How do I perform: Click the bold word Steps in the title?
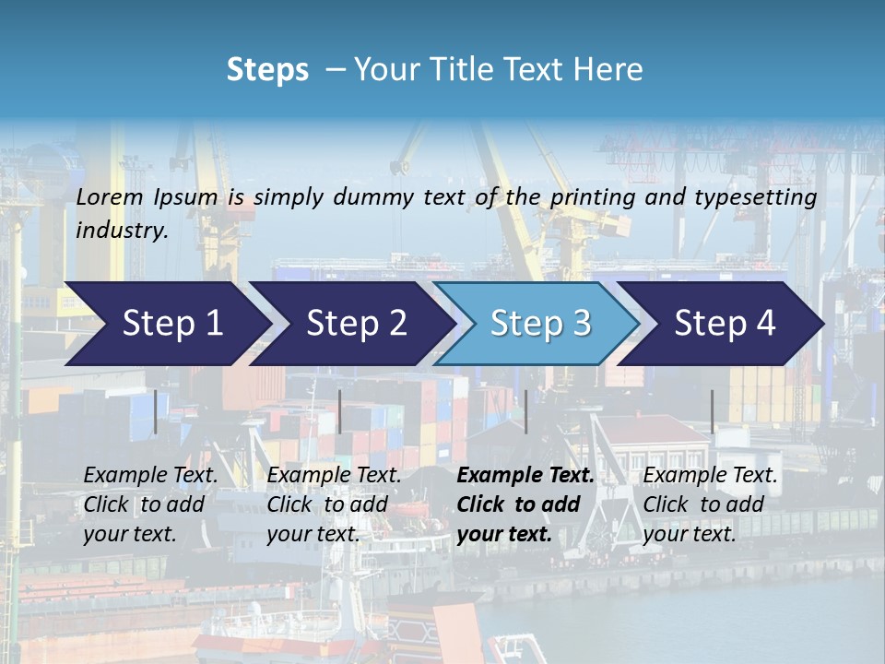point(267,69)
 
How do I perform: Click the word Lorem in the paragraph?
point(110,196)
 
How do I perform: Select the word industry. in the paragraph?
point(123,230)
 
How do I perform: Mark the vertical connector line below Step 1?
point(155,411)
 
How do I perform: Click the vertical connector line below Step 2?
point(340,411)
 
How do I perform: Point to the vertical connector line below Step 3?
point(525,411)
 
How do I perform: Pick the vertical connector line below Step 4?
point(712,411)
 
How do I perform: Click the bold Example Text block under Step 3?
point(525,504)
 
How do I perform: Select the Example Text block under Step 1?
point(150,504)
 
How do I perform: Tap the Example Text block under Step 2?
point(334,504)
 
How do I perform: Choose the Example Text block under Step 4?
point(710,504)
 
